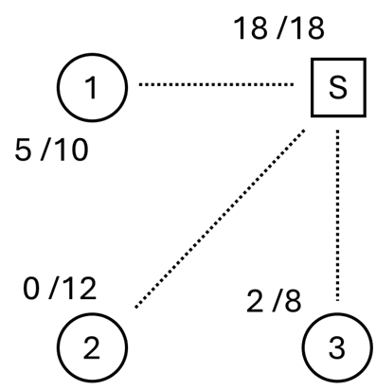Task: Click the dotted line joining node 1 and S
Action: (216, 85)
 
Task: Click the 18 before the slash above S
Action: (251, 27)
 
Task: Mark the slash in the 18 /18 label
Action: (279, 27)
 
